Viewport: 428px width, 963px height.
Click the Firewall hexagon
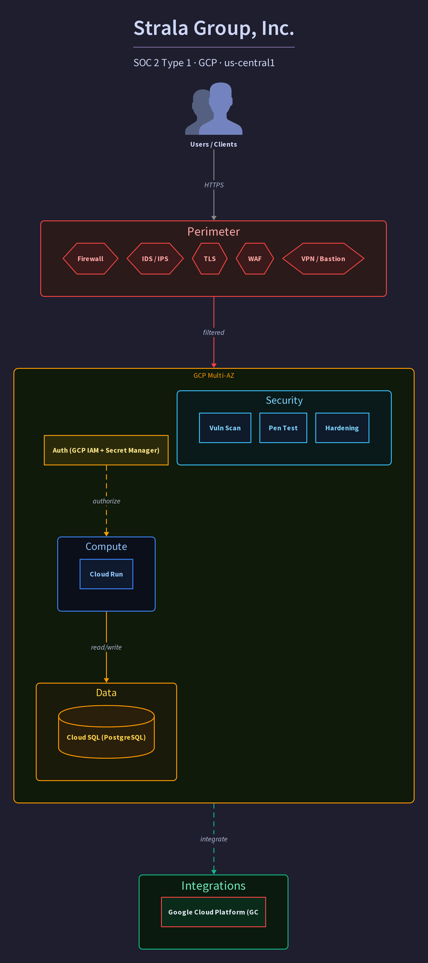pyautogui.click(x=91, y=259)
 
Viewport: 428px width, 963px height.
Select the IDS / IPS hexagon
pyautogui.click(x=155, y=259)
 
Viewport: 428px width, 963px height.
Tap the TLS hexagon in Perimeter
pyautogui.click(x=210, y=259)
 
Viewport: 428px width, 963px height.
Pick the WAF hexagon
pyautogui.click(x=255, y=259)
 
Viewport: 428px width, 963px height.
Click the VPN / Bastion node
pyautogui.click(x=323, y=259)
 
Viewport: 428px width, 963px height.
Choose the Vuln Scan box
pyautogui.click(x=225, y=428)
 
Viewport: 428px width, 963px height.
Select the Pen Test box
pyautogui.click(x=283, y=428)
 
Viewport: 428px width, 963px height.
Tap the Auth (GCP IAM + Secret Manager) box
pyautogui.click(x=106, y=450)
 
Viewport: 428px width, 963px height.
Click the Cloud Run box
pyautogui.click(x=106, y=574)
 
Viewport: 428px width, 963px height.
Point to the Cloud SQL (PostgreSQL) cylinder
pyautogui.click(x=106, y=732)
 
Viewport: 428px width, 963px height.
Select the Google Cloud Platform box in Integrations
pyautogui.click(x=214, y=912)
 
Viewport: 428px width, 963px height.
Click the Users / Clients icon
pyautogui.click(x=214, y=108)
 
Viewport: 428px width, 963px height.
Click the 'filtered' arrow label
pyautogui.click(x=214, y=332)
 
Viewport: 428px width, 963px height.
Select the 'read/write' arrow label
pyautogui.click(x=106, y=647)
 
